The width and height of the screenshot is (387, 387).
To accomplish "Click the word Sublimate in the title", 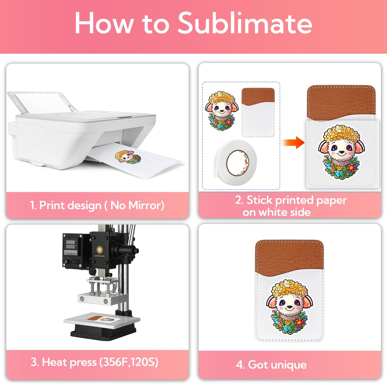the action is [245, 23].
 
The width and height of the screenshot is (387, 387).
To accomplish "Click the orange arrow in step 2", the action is [293, 142].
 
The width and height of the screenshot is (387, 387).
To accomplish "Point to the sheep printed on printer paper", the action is [128, 157].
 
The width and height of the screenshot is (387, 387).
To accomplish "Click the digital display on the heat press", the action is [70, 244].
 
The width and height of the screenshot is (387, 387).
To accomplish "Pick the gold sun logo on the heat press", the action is [99, 250].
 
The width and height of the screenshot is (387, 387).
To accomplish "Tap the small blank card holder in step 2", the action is [258, 112].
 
